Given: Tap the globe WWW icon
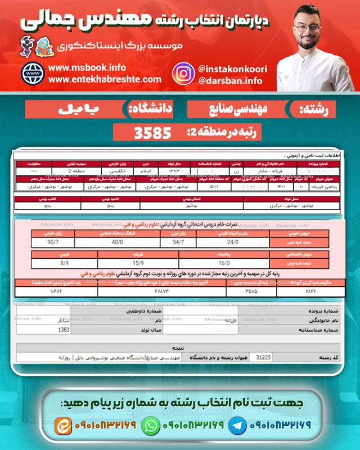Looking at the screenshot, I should tap(33, 74).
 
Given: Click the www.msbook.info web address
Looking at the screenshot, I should tap(87, 67).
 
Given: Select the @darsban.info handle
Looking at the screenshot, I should tap(230, 81).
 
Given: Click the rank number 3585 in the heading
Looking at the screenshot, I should tap(152, 133).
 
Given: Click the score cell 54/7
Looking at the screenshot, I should tap(179, 242).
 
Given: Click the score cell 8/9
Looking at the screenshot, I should tap(65, 263).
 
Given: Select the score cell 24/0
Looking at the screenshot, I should tap(233, 242).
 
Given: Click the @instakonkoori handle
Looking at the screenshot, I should tap(232, 69).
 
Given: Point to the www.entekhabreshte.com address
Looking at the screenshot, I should tap(105, 79).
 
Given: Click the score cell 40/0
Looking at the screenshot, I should tap(118, 242).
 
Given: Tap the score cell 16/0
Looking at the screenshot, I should tap(224, 263).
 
